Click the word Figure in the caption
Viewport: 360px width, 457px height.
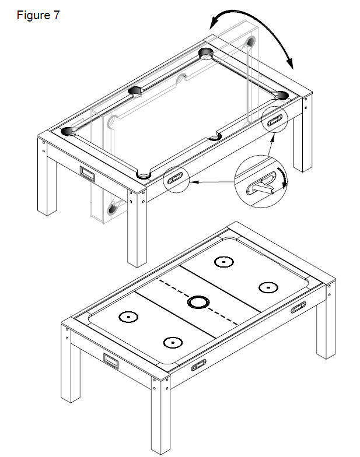tap(33, 15)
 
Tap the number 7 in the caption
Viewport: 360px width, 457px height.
tap(56, 15)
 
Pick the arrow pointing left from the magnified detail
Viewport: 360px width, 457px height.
tap(214, 182)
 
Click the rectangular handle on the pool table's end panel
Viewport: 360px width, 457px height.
tap(87, 173)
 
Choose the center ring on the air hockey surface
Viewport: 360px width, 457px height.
tap(198, 302)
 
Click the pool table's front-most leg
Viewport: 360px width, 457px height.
tap(137, 228)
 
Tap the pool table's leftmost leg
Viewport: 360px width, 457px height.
tap(47, 177)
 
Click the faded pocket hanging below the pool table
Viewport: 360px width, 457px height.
tap(112, 209)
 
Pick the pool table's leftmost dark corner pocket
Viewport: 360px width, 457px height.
tap(67, 131)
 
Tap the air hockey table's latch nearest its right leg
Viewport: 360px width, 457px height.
tap(299, 308)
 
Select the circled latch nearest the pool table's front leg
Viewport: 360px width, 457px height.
tap(175, 178)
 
